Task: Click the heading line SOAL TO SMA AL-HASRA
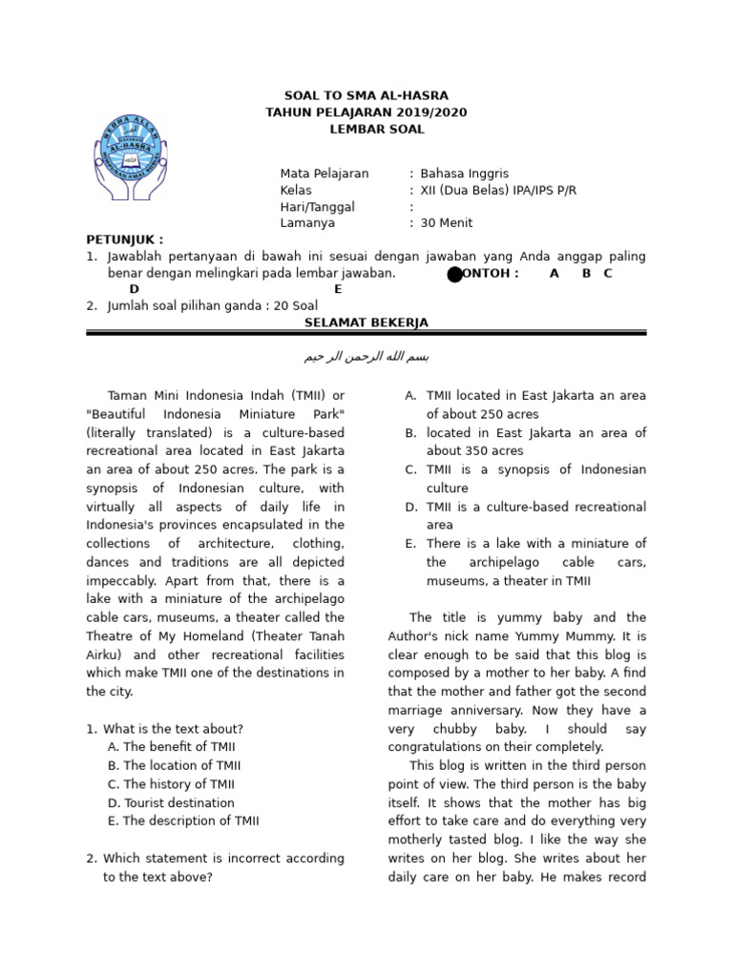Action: (366, 96)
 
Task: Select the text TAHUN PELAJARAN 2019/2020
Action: (366, 113)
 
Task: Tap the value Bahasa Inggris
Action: (464, 174)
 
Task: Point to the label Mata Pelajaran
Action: (324, 174)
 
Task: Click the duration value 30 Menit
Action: (446, 223)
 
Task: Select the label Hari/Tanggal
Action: (317, 207)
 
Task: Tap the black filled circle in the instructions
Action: (455, 275)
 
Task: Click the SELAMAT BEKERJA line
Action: (366, 322)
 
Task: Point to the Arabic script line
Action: (366, 357)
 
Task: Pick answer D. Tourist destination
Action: (171, 803)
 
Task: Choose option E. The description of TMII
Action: (183, 821)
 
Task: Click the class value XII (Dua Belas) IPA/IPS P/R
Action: (498, 190)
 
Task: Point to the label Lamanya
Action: (307, 223)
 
